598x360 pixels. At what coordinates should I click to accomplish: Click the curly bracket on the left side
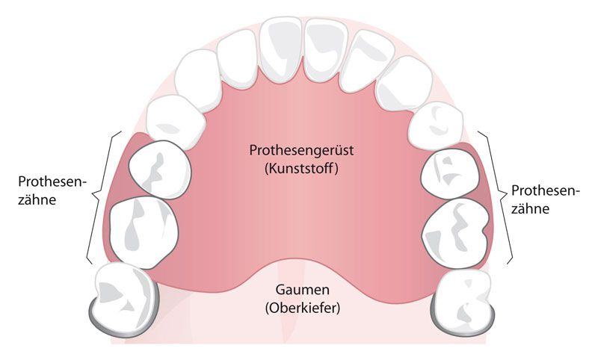(x=97, y=198)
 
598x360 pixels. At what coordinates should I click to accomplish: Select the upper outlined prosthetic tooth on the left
(x=160, y=171)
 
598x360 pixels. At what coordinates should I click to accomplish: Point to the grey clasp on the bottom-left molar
(x=105, y=317)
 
